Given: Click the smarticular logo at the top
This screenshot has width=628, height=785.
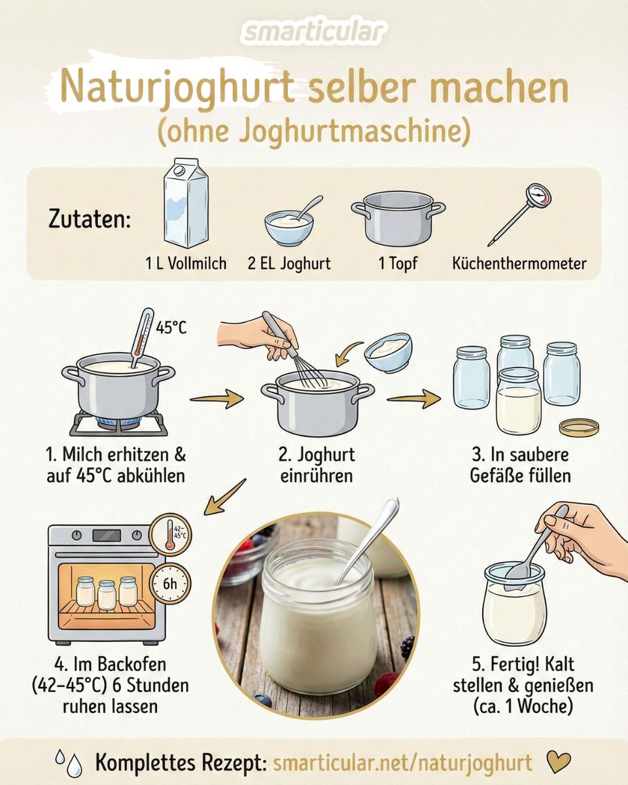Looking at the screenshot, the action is (314, 32).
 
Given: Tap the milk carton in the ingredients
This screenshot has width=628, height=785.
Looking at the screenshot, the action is (186, 203).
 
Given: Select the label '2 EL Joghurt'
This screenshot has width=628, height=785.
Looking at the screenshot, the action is (289, 264).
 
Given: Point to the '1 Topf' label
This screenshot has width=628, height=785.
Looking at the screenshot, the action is (398, 264).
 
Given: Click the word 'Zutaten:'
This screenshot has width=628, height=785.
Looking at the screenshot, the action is (90, 220).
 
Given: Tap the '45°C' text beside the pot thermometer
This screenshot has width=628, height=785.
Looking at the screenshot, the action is (171, 328).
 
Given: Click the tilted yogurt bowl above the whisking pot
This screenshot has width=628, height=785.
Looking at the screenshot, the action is (389, 353).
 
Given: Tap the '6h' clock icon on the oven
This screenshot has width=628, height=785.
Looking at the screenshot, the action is (170, 584).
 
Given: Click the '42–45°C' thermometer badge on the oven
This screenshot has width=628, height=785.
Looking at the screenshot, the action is (171, 534).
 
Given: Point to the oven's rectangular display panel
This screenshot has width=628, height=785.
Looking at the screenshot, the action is (107, 536).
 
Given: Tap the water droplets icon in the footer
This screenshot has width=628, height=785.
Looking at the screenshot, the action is (69, 763).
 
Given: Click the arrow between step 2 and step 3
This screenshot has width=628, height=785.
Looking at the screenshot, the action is (413, 398).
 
